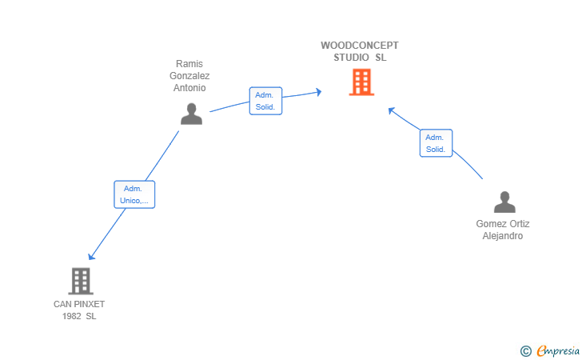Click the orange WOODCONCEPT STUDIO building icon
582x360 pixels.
click(361, 82)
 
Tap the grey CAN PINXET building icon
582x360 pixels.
click(81, 281)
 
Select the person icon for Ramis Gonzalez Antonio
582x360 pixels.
click(192, 114)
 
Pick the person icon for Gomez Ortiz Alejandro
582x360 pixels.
click(504, 202)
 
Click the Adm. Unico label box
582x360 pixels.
click(134, 194)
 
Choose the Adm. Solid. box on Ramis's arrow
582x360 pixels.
click(265, 101)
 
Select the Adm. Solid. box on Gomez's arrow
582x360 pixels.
click(436, 143)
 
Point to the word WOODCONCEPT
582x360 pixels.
click(360, 46)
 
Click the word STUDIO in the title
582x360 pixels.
click(351, 58)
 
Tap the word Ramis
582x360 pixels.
click(189, 63)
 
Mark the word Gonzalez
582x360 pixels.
click(189, 76)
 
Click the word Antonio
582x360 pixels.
click(189, 88)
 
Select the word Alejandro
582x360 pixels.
click(503, 236)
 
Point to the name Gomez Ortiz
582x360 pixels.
click(503, 224)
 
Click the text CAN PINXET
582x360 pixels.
click(79, 304)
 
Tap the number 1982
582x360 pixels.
click(71, 316)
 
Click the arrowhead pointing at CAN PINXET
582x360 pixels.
click(91, 256)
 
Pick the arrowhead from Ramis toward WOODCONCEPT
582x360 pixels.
click(318, 92)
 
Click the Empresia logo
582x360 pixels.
click(558, 350)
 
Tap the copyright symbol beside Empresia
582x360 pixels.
click(526, 351)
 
